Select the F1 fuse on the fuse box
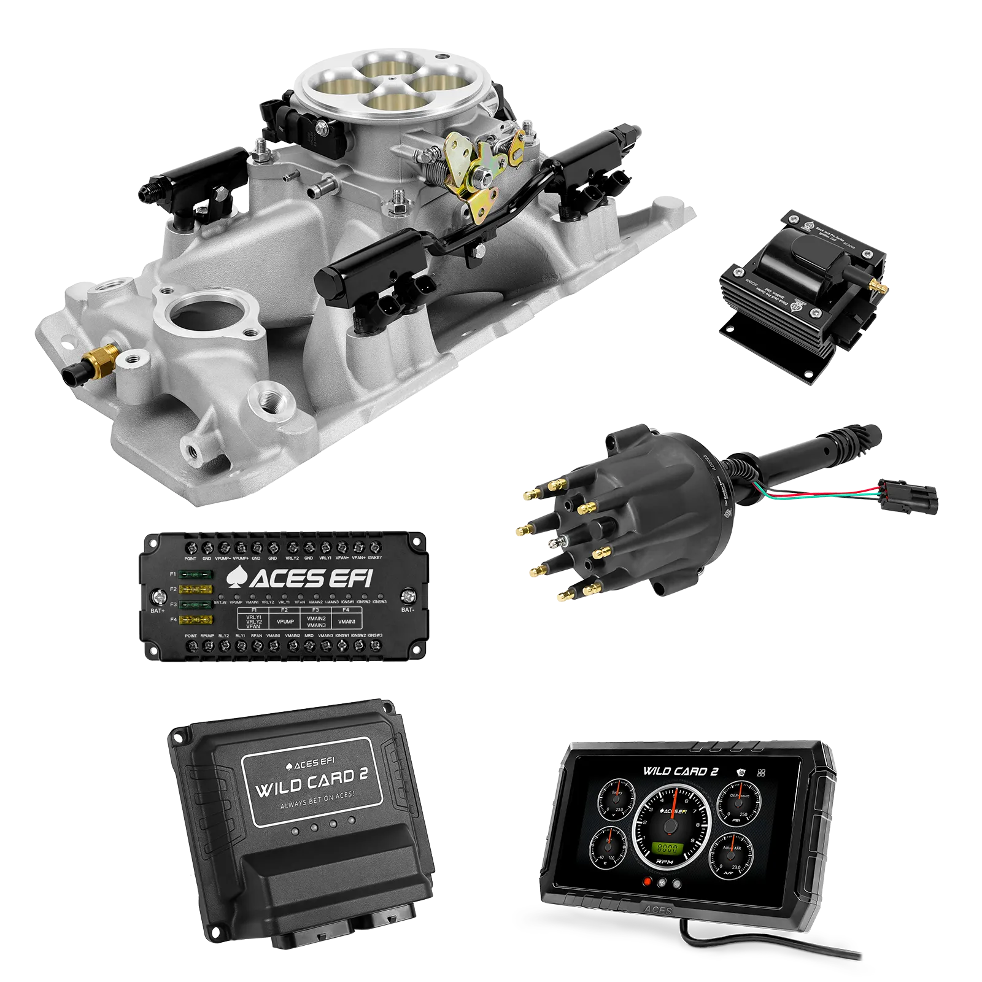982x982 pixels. coord(196,575)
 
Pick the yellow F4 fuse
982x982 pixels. coord(196,620)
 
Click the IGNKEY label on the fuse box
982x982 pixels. coord(375,558)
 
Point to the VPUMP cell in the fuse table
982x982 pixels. coord(285,621)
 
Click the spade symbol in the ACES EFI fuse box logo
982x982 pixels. coord(236,578)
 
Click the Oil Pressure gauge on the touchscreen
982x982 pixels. coord(735,804)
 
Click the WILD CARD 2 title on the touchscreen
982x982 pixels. coord(680,771)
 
